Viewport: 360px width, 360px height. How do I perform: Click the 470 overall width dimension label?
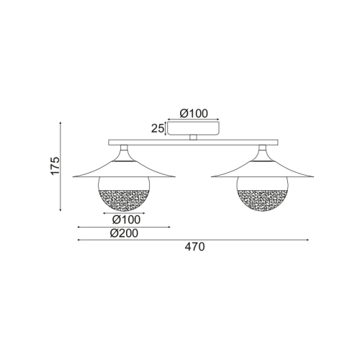(195, 247)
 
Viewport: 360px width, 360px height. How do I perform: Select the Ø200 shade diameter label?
(124, 233)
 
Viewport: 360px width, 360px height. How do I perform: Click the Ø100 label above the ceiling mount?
(193, 113)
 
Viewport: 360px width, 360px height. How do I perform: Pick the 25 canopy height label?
(156, 128)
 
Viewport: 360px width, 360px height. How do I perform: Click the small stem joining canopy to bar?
(193, 137)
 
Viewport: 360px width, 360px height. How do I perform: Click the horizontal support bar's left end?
(109, 142)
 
